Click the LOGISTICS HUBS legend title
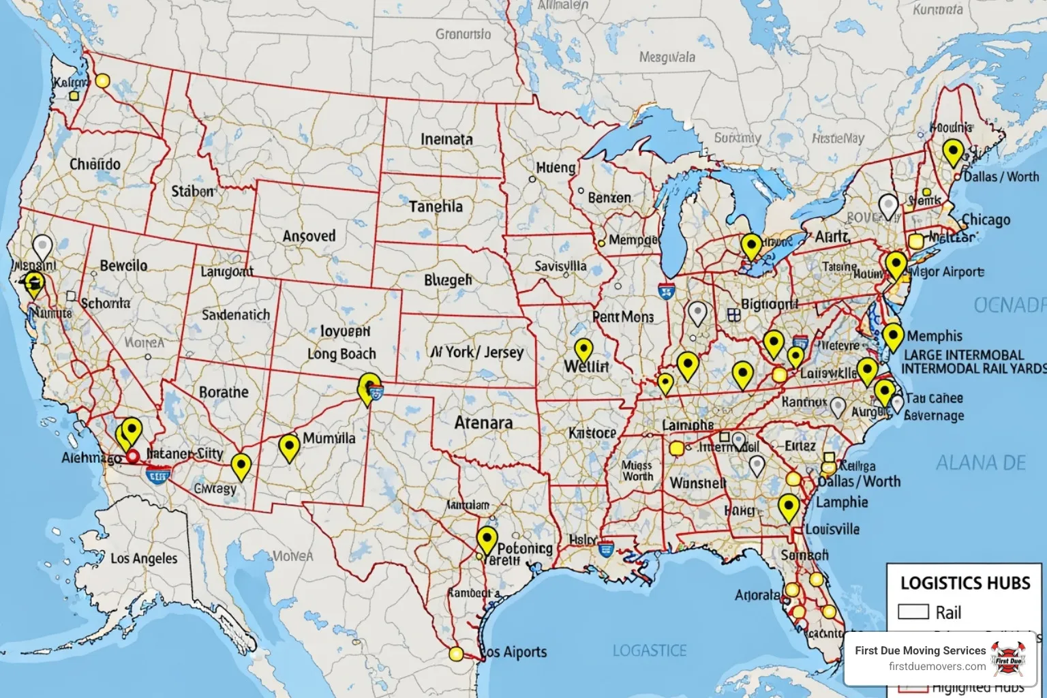(965, 583)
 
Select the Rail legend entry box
(913, 611)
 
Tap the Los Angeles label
(144, 558)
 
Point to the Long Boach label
(342, 354)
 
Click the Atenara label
(483, 423)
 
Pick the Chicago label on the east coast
(986, 220)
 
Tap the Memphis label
(935, 336)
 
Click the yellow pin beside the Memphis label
(893, 336)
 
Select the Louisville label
(832, 529)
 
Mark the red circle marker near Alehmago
(133, 456)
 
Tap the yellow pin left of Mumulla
(290, 446)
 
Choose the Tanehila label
(436, 207)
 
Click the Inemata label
(446, 139)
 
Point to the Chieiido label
(95, 164)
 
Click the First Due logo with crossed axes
(1009, 658)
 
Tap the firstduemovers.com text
(937, 666)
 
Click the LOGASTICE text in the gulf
(649, 651)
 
